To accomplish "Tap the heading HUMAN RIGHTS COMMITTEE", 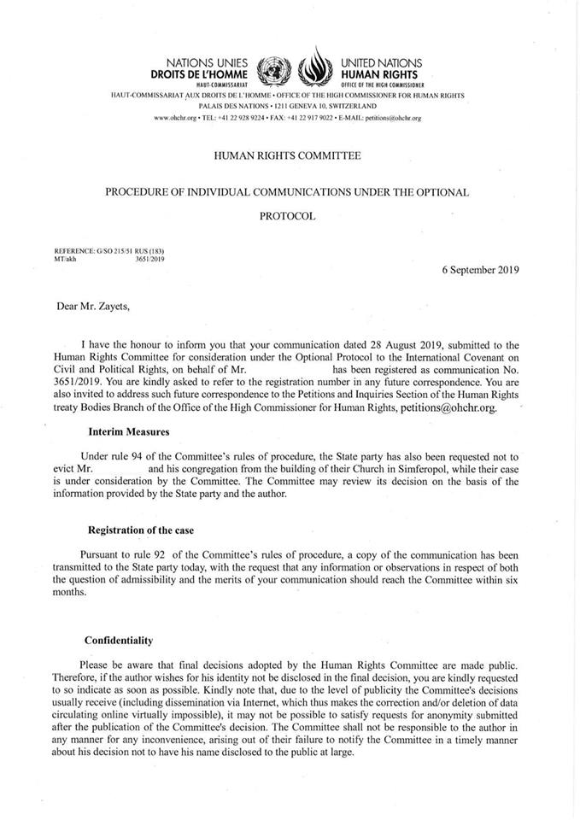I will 287,155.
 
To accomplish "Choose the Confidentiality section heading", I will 119,640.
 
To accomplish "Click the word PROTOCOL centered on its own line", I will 287,216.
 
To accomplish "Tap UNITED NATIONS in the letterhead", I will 376,63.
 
